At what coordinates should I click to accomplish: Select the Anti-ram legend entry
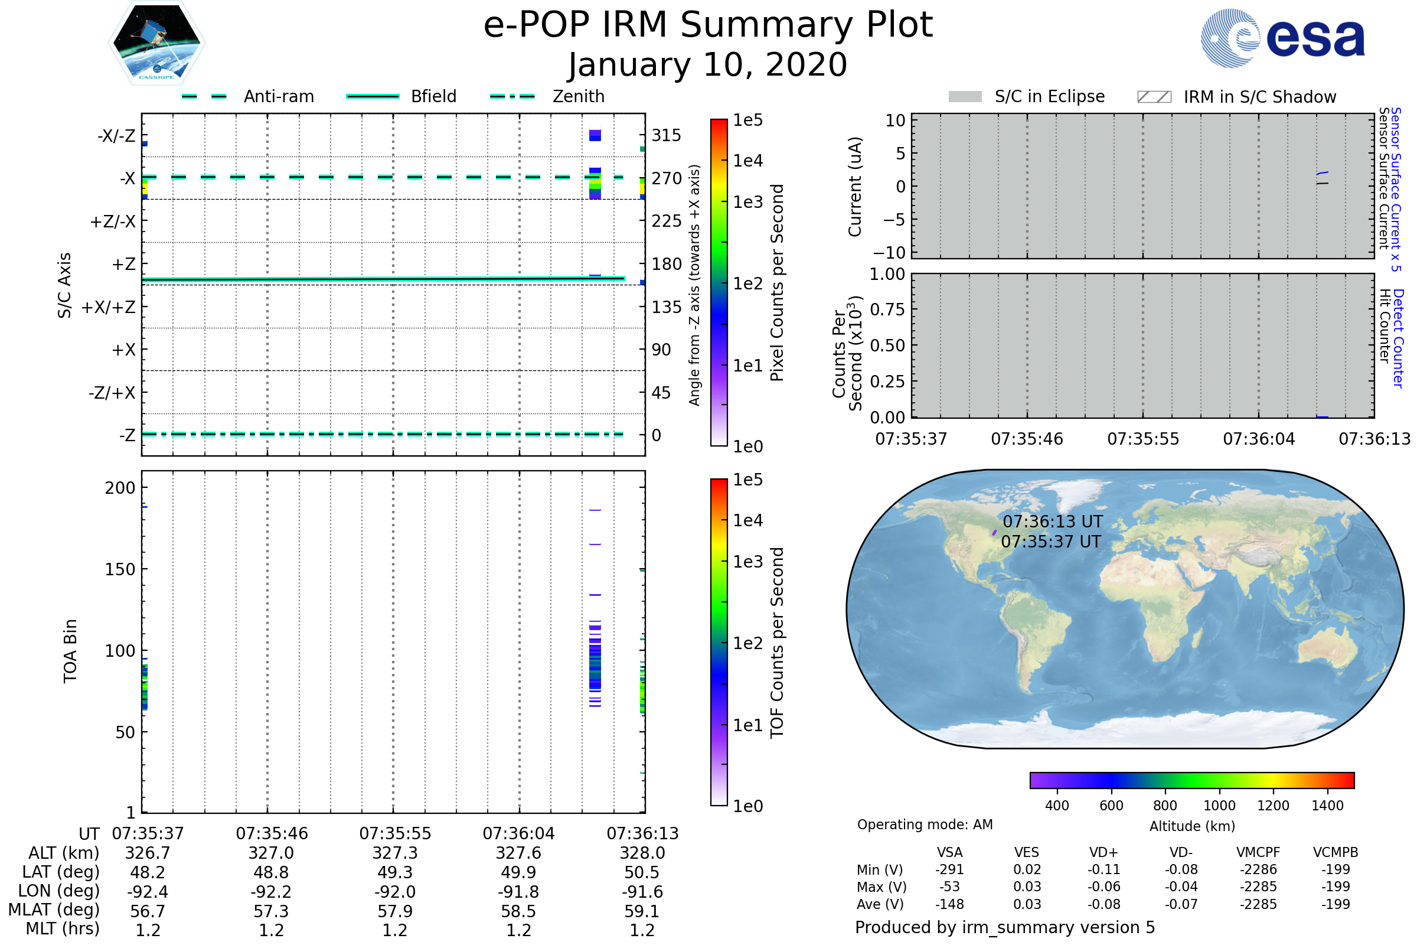pyautogui.click(x=278, y=96)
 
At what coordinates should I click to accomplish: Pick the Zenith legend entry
pyautogui.click(x=578, y=96)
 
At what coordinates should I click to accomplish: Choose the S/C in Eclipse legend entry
pyautogui.click(x=1049, y=96)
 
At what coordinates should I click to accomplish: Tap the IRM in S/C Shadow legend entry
pyautogui.click(x=1259, y=97)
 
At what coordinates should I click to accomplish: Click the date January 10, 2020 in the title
pyautogui.click(x=708, y=65)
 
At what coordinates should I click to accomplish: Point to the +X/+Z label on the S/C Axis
pyautogui.click(x=109, y=307)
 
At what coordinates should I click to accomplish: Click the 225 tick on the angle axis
pyautogui.click(x=667, y=221)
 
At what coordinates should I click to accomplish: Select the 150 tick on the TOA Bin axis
pyautogui.click(x=120, y=569)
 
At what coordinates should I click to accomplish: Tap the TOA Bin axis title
pyautogui.click(x=70, y=650)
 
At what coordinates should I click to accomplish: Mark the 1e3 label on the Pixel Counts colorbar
pyautogui.click(x=747, y=203)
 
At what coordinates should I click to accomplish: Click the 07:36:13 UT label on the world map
pyautogui.click(x=1052, y=522)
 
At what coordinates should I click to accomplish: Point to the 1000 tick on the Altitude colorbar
pyautogui.click(x=1219, y=806)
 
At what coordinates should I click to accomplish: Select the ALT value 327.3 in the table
pyautogui.click(x=394, y=853)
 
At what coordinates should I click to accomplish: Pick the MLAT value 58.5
pyautogui.click(x=518, y=911)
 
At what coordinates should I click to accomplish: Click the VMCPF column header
pyautogui.click(x=1258, y=853)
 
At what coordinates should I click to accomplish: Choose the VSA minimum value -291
pyautogui.click(x=949, y=869)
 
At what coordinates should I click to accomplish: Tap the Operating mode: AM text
pyautogui.click(x=925, y=825)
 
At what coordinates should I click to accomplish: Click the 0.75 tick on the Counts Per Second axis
pyautogui.click(x=887, y=309)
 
